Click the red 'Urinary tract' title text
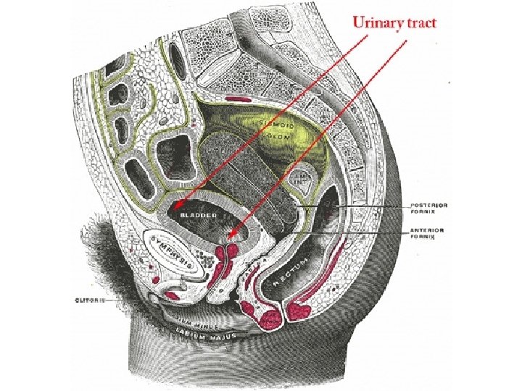[394, 23]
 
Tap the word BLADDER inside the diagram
[198, 215]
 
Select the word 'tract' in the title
[422, 23]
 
